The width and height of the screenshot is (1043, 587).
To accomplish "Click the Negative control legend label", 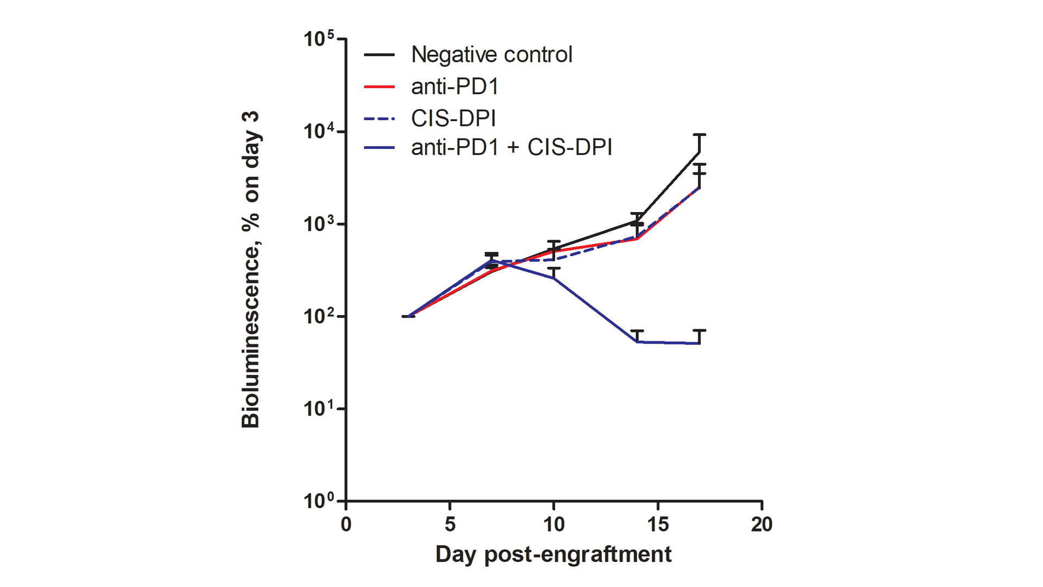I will click(491, 54).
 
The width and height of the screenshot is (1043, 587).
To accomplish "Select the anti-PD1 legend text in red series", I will click(455, 86).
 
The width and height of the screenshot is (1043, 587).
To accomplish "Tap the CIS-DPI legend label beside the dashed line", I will click(453, 118).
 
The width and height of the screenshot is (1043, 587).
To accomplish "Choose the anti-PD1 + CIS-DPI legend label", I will click(511, 147).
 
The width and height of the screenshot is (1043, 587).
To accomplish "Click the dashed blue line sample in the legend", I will click(379, 118).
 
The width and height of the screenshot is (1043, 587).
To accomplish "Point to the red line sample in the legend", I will click(379, 86).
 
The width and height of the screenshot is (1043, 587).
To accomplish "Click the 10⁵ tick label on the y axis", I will click(319, 39).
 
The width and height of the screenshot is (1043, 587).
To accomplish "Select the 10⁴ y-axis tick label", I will click(319, 132).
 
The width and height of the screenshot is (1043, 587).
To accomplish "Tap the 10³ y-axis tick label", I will click(319, 224).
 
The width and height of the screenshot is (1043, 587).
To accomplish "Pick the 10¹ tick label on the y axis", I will click(319, 409).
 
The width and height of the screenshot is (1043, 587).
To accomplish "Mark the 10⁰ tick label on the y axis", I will click(319, 501).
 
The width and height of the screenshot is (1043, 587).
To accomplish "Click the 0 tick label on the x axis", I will click(346, 524).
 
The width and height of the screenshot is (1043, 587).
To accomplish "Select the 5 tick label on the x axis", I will click(450, 524).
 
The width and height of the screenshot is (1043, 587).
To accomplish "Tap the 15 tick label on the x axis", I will click(658, 524).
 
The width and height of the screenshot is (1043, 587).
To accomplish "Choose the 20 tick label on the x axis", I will click(762, 524).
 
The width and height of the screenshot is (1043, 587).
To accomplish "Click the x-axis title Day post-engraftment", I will click(553, 554).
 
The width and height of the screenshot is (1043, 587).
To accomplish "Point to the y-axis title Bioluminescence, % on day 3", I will click(250, 270).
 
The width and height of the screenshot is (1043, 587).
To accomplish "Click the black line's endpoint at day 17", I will click(699, 153).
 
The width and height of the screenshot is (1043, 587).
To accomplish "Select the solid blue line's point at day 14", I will click(637, 342).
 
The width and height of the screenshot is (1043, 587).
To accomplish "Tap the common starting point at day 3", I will click(409, 316).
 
